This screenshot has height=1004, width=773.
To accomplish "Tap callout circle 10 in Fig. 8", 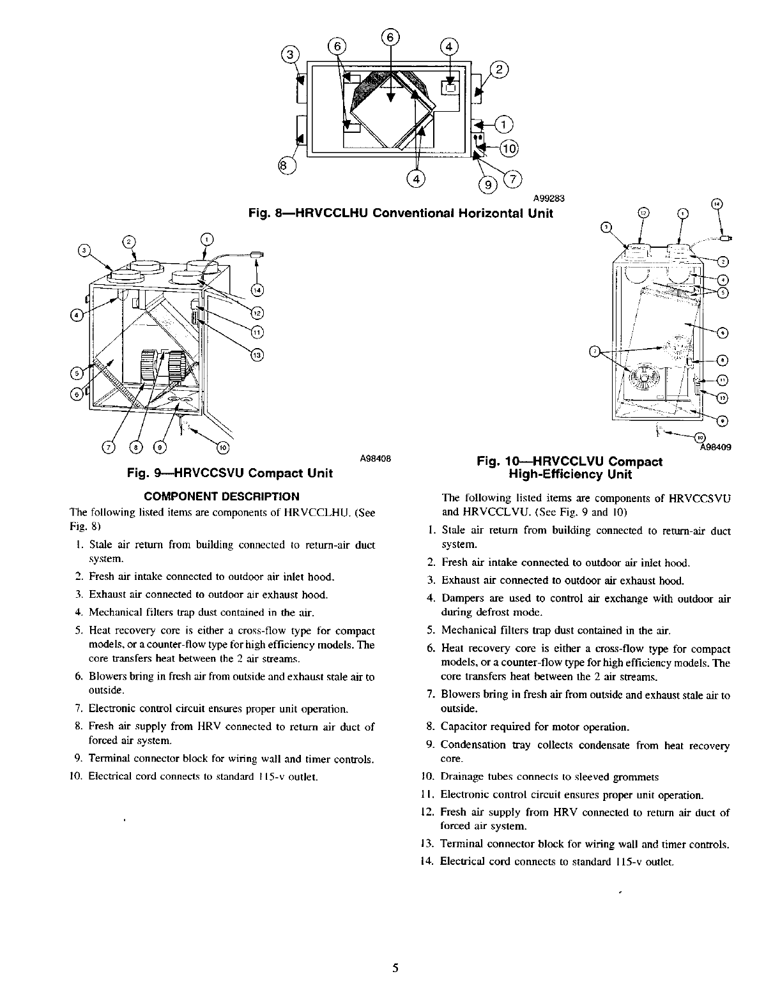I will [509, 149].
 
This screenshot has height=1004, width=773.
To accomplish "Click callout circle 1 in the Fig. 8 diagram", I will [504, 124].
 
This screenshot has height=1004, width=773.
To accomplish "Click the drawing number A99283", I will [546, 197].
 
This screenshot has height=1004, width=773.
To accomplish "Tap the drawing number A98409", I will [716, 447].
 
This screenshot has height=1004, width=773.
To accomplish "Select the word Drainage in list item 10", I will [462, 777].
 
